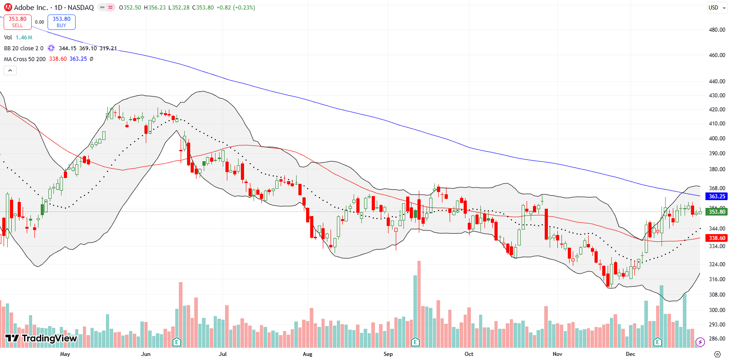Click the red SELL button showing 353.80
click(17, 22)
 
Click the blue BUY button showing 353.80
click(61, 22)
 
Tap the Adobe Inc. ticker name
click(31, 7)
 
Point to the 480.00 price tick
click(717, 30)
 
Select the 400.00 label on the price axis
click(717, 139)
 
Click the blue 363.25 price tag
click(716, 197)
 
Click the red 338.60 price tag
click(716, 238)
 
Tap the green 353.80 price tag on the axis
click(716, 212)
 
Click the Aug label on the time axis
click(307, 354)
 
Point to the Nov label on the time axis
click(557, 354)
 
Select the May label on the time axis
click(65, 354)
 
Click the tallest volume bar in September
click(419, 303)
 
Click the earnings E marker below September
click(415, 342)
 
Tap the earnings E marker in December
click(657, 342)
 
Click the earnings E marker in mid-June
click(177, 342)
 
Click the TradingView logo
click(41, 338)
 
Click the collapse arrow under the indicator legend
click(10, 70)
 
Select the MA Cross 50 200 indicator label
click(25, 59)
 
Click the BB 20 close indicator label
click(24, 48)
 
